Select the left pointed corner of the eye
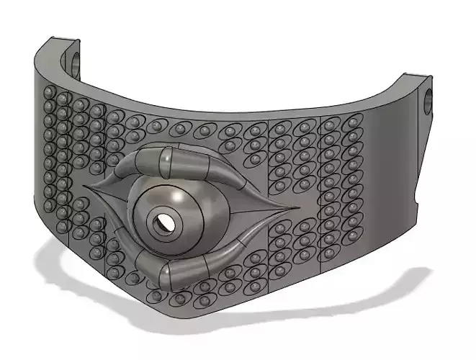pos(87,188)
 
